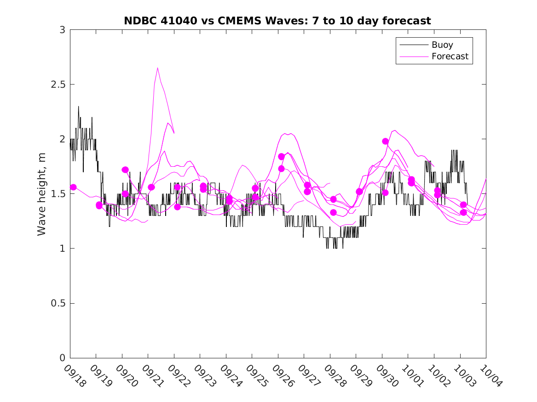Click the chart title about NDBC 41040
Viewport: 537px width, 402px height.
point(277,21)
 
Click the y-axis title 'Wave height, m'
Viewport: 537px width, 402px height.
point(42,194)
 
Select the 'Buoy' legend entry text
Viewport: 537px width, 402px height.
point(442,45)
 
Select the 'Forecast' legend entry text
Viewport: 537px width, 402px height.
point(450,57)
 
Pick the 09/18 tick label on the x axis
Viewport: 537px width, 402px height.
point(75,376)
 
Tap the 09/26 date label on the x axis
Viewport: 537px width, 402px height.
point(283,376)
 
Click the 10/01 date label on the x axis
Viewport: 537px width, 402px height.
point(413,376)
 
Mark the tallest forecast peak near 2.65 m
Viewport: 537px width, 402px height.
point(157,68)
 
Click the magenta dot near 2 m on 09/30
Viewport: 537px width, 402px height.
point(386,141)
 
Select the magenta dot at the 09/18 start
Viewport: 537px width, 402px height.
point(73,187)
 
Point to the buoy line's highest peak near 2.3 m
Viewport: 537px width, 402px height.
point(78,107)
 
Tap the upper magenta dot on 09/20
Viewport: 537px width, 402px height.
point(125,170)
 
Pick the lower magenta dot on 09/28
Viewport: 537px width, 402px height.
point(334,212)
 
